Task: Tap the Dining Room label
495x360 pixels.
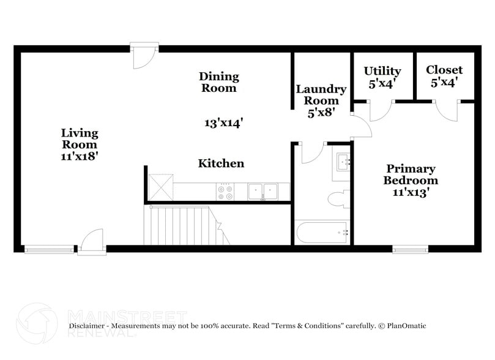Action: pyautogui.click(x=219, y=82)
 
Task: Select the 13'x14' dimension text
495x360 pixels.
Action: pyautogui.click(x=224, y=122)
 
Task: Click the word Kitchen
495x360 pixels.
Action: pyautogui.click(x=221, y=163)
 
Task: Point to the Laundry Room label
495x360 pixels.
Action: pyautogui.click(x=321, y=100)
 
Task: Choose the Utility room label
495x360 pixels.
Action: pyautogui.click(x=382, y=77)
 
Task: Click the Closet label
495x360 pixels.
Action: pyautogui.click(x=444, y=76)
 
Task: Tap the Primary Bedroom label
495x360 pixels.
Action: pyautogui.click(x=411, y=180)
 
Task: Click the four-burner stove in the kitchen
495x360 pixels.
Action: pyautogui.click(x=226, y=192)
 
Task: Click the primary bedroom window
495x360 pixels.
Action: pyautogui.click(x=411, y=249)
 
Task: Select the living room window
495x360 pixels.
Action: pyautogui.click(x=49, y=249)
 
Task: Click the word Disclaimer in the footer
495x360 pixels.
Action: pyautogui.click(x=89, y=326)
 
